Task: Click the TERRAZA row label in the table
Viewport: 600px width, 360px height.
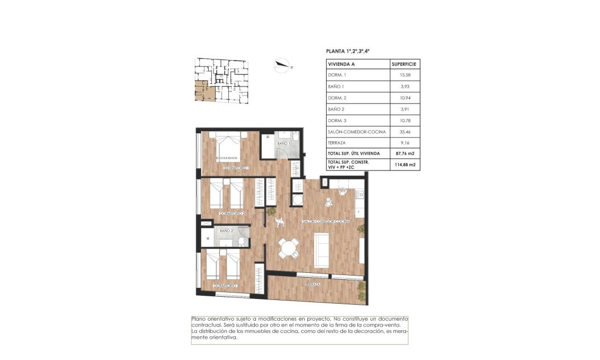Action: tap(336, 143)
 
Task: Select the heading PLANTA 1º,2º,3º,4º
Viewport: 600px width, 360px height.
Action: tap(347, 51)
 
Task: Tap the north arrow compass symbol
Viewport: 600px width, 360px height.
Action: tap(282, 66)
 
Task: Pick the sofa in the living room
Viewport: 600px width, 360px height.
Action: tap(322, 251)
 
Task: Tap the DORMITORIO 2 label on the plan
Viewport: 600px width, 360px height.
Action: tap(232, 213)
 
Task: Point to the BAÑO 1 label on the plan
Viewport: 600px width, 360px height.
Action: tap(283, 143)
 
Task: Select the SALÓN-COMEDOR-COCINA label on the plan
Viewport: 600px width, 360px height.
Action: tap(325, 221)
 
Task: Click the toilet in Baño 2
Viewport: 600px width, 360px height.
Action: tap(242, 242)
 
